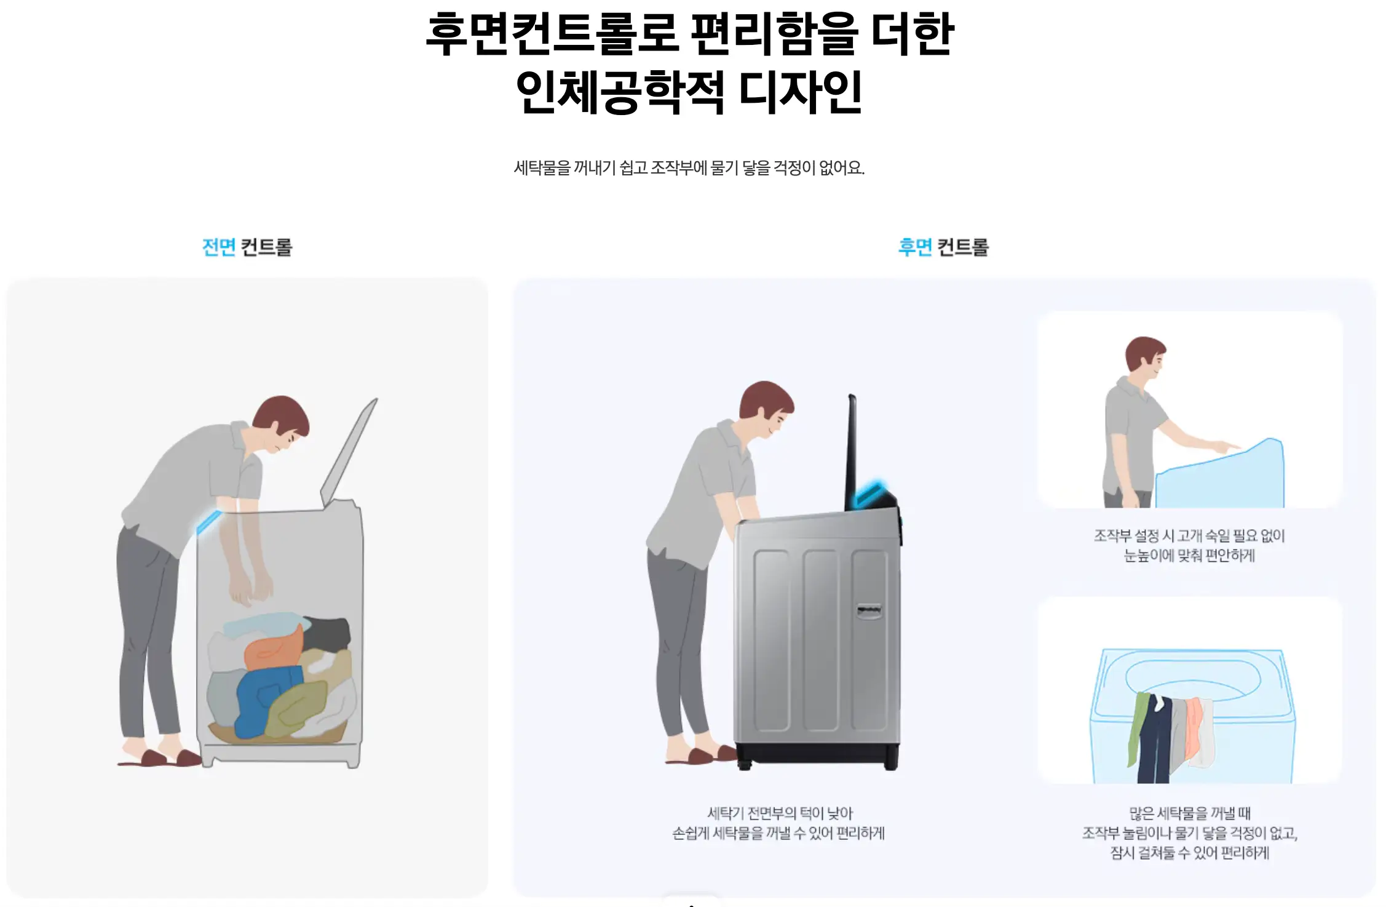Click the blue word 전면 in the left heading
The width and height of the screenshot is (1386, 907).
[x=219, y=247]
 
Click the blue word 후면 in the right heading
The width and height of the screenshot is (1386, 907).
[x=915, y=247]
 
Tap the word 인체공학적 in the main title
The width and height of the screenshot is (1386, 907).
[x=620, y=92]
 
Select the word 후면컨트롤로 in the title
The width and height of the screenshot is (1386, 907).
[x=552, y=34]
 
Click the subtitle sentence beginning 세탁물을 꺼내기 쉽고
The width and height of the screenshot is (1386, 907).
[x=689, y=167]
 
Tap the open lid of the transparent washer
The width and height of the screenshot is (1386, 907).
[x=349, y=452]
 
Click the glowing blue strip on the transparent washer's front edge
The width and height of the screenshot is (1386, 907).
[x=208, y=521]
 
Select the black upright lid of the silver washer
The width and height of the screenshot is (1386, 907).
[x=852, y=452]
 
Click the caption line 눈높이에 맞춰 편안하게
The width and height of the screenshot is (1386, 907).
[x=1189, y=556]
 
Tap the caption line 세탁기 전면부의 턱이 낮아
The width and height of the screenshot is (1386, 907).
[x=780, y=813]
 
